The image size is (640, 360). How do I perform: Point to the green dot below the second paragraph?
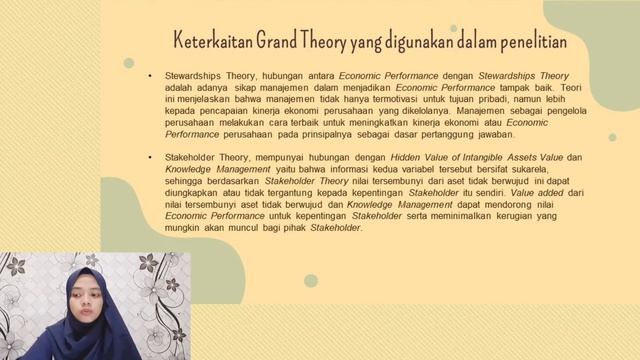pos(310,281)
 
